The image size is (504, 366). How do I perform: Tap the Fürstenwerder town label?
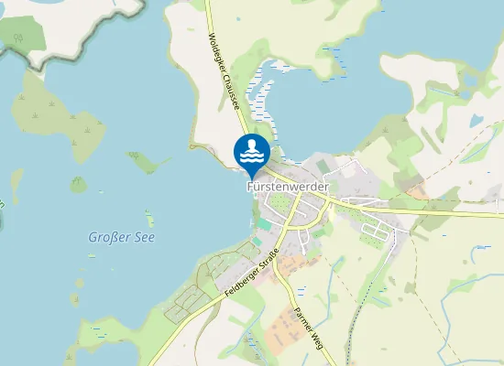[287, 186]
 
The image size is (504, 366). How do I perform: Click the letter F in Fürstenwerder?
[249, 186]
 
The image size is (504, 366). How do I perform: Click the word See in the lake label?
[145, 237]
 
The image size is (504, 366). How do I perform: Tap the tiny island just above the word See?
[148, 218]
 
